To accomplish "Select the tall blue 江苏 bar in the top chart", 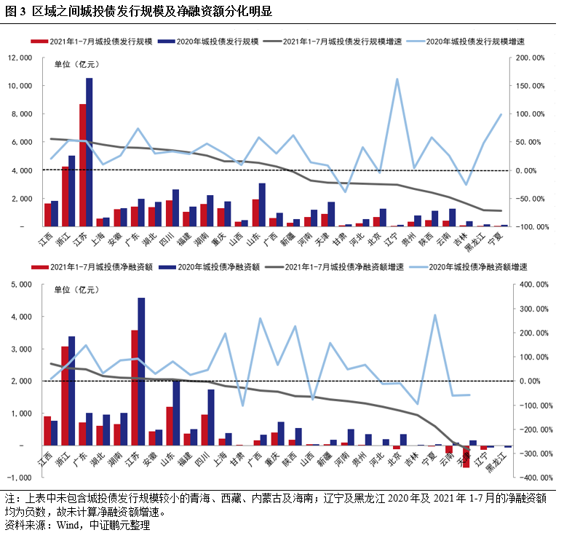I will (90, 153).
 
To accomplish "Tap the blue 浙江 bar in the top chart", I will (72, 191).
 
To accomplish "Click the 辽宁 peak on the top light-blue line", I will (397, 79).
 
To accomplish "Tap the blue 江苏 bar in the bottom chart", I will (141, 371).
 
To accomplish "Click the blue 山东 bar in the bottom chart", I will (176, 413).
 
